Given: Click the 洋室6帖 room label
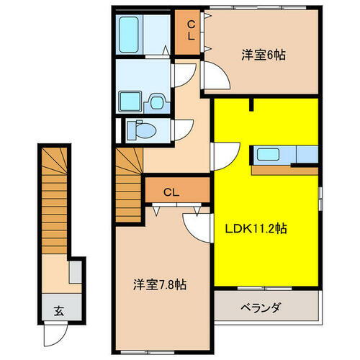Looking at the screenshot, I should point(262,54).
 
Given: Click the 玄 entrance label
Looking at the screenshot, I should point(57,312).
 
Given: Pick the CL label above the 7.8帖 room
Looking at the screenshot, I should point(171,192).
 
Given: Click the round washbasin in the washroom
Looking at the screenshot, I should point(156,102).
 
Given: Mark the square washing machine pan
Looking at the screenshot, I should point(130,101).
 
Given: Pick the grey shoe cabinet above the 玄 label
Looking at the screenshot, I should point(74,274).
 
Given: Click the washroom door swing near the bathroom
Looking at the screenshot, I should point(184,72).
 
